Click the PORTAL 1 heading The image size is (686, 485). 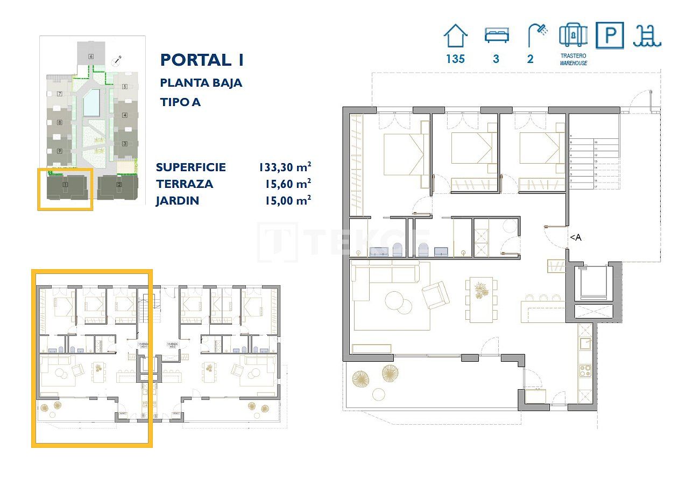(202, 60)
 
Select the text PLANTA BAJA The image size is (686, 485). (201, 83)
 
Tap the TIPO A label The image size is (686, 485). (180, 102)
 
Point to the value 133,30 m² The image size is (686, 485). (285, 167)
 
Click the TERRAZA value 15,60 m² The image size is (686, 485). (288, 184)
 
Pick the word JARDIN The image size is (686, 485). (178, 201)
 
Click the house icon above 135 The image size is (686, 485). (455, 36)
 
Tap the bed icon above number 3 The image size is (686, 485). (496, 36)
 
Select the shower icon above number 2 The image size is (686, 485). (536, 36)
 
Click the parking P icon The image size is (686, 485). (610, 36)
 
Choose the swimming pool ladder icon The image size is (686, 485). (647, 36)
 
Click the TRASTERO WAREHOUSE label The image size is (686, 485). (572, 59)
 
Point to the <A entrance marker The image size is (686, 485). (575, 237)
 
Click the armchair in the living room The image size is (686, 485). (435, 294)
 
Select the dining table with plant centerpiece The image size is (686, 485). (480, 299)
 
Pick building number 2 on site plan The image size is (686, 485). (119, 186)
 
